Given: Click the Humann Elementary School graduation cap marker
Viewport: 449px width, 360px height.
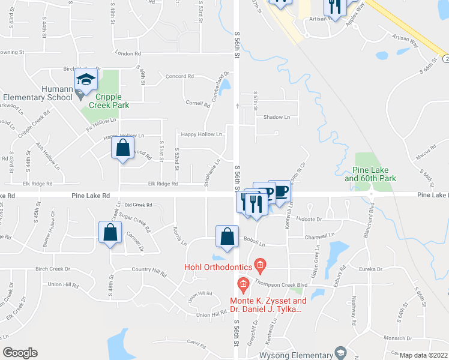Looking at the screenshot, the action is coord(86,80).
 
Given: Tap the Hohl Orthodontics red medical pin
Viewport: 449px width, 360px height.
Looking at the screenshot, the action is coord(260,264).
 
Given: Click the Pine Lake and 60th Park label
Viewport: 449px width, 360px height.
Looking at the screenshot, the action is coord(370,175).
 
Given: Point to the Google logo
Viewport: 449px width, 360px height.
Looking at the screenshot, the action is coord(20,352).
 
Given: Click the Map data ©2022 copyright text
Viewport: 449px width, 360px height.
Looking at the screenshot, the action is coord(423,355).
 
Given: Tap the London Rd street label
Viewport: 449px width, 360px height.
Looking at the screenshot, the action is coord(127,53).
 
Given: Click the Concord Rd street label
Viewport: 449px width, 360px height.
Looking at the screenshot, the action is coord(180,77).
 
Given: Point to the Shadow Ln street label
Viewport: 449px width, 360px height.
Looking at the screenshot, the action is coord(277,117).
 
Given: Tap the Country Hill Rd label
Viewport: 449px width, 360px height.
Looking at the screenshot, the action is coord(149,271).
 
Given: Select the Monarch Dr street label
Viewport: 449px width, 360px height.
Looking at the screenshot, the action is coord(403,338).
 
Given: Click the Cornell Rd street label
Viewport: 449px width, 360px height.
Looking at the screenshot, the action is coord(198,103).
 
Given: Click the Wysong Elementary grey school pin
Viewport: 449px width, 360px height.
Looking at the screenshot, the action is coord(341,352).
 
